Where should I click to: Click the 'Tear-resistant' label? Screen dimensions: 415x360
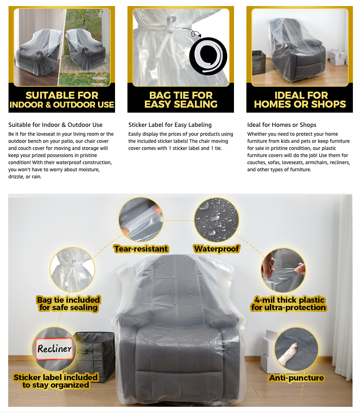141,249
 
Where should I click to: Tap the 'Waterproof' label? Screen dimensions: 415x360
216,249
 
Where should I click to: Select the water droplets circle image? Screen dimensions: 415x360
216,220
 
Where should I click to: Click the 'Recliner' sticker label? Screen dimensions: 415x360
55,349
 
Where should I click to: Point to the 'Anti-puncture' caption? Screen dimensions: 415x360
296,378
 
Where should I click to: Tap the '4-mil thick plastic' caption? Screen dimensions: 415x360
288,304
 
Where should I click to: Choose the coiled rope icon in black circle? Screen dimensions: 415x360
208,56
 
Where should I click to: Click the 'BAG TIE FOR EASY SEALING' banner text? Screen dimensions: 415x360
181,100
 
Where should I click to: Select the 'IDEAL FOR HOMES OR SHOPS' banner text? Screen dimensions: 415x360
300,100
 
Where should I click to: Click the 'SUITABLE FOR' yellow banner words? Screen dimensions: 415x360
62,96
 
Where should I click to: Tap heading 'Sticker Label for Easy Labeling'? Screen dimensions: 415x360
170,125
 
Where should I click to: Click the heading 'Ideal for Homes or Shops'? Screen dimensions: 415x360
282,125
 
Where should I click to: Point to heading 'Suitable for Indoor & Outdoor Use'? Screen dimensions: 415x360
55,125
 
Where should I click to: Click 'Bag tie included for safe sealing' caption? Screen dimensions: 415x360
69,304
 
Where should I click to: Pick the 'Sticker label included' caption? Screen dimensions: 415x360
56,377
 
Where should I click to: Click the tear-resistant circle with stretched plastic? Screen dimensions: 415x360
141,220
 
